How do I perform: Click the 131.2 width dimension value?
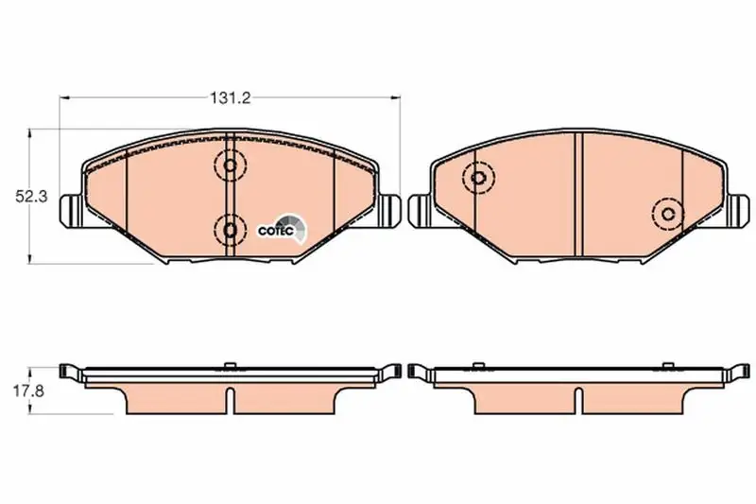point(230,98)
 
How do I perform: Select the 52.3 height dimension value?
point(31,197)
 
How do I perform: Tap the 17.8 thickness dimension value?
point(28,391)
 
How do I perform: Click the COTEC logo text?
point(276,231)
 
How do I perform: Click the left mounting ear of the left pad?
point(72,210)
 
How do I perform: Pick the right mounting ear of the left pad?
point(389,210)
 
